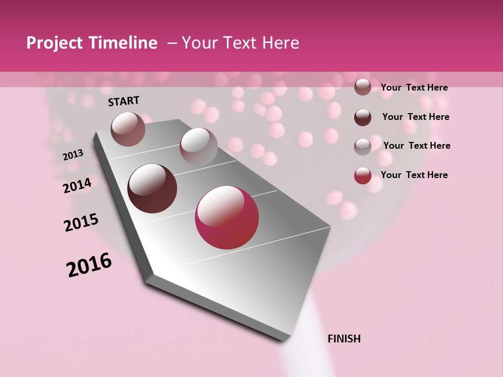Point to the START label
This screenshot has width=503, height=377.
click(x=124, y=101)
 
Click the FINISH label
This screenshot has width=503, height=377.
click(x=344, y=339)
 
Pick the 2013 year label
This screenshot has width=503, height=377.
click(x=73, y=155)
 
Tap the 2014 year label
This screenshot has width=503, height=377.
click(x=77, y=185)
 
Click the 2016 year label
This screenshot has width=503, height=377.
click(x=89, y=265)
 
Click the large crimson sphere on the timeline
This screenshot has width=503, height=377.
click(x=227, y=217)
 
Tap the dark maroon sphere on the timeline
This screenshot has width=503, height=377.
click(x=152, y=188)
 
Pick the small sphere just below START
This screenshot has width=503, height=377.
click(x=128, y=129)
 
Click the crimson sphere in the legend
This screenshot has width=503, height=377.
click(x=363, y=175)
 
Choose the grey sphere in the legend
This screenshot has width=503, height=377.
click(x=363, y=146)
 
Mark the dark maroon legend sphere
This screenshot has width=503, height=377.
click(x=363, y=117)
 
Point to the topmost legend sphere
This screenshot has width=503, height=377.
click(x=363, y=87)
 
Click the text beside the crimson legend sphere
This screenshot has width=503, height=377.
click(x=414, y=175)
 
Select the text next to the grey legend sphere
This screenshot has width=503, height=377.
click(x=417, y=146)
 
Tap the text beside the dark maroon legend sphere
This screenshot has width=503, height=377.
click(x=415, y=117)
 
